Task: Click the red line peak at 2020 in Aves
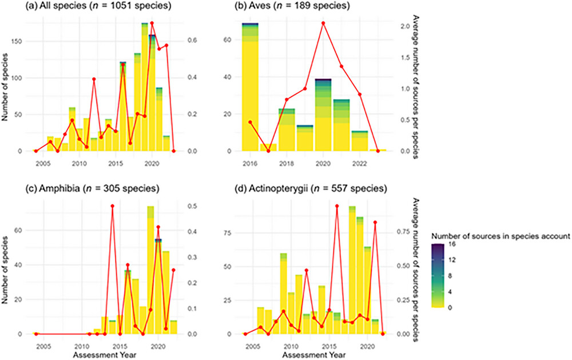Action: coord(323,23)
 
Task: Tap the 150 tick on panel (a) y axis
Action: coord(21,41)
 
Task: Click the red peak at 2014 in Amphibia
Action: coord(112,206)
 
